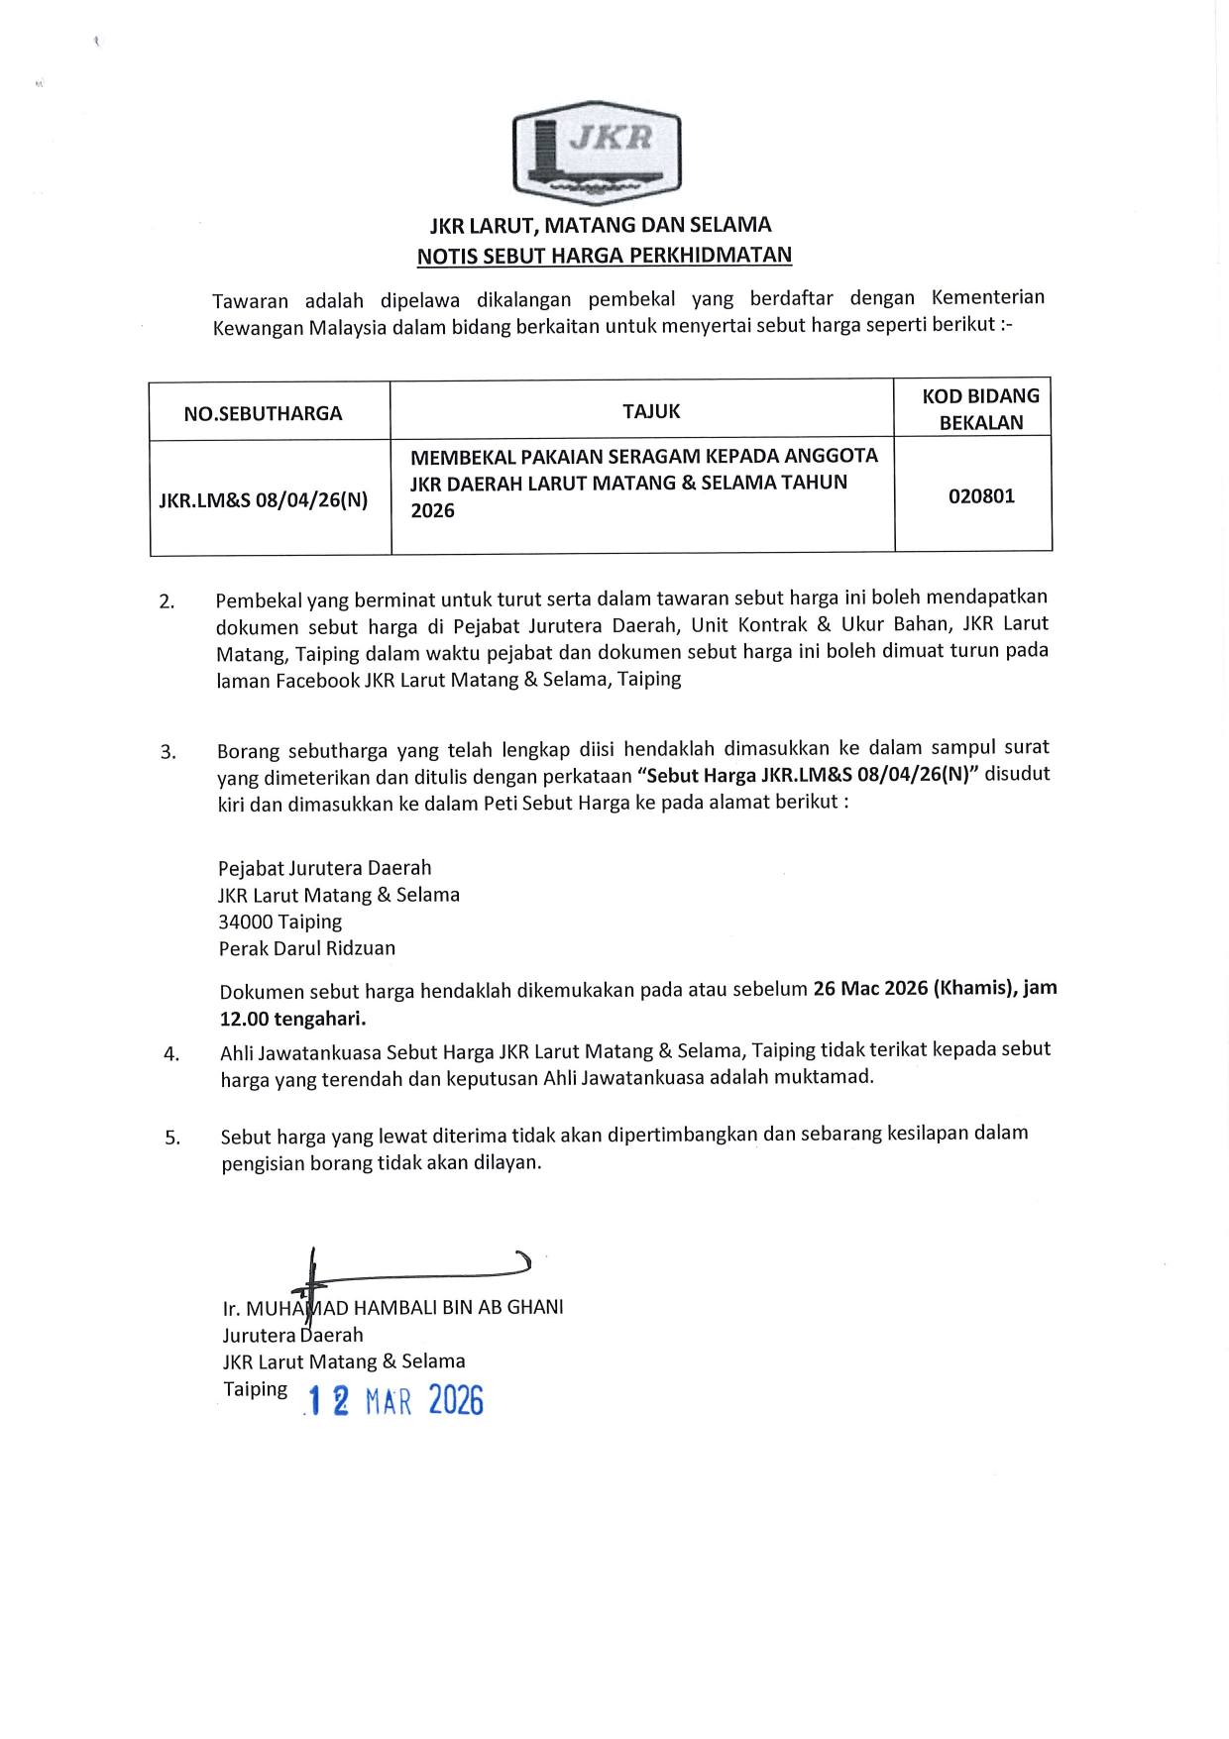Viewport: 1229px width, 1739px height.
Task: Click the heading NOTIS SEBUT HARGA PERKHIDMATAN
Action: coord(604,256)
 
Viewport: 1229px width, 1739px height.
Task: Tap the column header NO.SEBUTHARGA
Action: coord(263,413)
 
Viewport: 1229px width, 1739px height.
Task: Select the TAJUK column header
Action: coord(651,411)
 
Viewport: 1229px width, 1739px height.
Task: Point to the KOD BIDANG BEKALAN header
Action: coord(980,409)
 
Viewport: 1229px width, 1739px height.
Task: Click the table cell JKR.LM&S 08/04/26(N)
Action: coord(264,499)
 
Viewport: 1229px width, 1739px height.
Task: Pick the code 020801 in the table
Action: coord(981,495)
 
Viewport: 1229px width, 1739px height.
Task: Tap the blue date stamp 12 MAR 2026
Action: coord(395,1401)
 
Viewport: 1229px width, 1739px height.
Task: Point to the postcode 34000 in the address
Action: coord(248,922)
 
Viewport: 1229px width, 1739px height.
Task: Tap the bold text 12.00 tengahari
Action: coord(292,1018)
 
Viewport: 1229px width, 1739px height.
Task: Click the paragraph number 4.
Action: coord(171,1053)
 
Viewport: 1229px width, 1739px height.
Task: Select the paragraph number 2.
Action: coord(167,601)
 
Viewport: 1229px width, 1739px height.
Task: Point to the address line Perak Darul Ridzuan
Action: coord(306,948)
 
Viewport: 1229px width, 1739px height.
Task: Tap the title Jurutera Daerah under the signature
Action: coord(292,1335)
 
